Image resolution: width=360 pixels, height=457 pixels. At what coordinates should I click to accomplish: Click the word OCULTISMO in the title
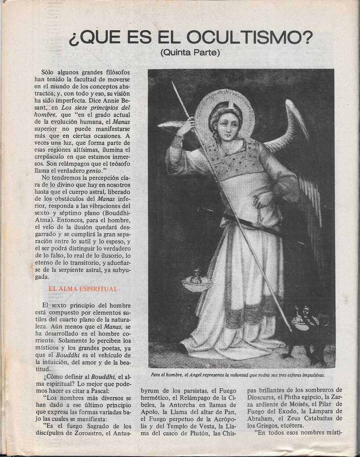(250, 37)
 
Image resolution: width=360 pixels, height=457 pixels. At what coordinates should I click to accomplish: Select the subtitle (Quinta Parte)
(190, 53)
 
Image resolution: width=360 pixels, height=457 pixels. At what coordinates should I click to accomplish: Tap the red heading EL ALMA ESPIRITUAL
(83, 289)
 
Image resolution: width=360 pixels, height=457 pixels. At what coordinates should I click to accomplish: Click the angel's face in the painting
(228, 125)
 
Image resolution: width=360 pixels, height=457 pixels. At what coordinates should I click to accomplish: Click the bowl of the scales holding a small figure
(196, 283)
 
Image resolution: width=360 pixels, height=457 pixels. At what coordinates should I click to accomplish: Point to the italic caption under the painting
(237, 375)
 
